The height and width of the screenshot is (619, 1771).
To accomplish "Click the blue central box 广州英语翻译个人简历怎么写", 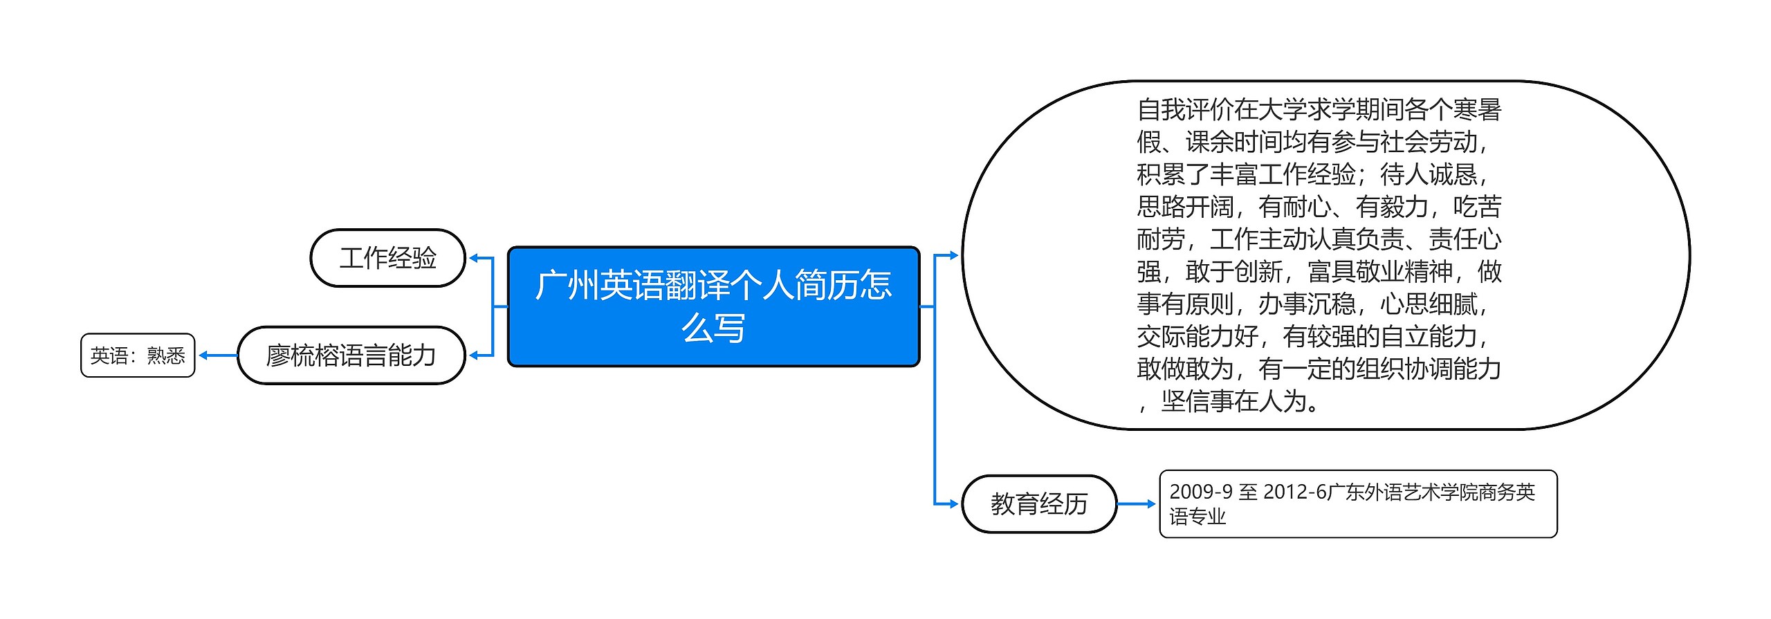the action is pos(713,306).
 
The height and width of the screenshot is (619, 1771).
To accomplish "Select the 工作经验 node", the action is pos(387,258).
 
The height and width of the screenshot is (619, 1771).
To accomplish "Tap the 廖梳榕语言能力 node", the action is pos(351,355).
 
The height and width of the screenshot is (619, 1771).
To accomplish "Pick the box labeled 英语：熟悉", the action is pos(138,355).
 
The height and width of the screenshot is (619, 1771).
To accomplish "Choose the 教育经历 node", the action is pos(1038,503).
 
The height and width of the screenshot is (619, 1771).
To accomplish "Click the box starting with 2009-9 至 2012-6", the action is pos(1357,503).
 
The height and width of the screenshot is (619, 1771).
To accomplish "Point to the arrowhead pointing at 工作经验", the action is pos(474,258).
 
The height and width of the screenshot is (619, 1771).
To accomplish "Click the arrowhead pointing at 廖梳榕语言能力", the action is pos(474,355).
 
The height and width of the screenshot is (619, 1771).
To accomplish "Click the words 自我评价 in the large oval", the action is pos(1185,109).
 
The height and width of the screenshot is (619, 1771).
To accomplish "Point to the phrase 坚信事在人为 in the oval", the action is pos(1233,401).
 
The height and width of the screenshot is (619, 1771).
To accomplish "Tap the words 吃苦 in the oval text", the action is pos(1477,207).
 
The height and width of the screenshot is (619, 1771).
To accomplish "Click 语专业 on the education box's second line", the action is pos(1198,517).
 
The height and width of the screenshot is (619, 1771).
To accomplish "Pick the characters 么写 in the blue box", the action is pos(713,328).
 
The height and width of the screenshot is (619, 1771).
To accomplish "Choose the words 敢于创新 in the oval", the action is pos(1233,272).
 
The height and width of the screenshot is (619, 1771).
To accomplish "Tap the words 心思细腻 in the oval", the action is pos(1429,304).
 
